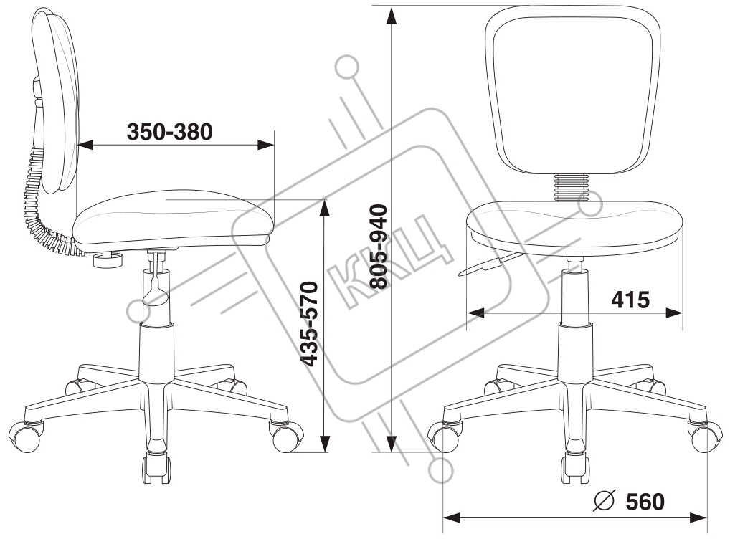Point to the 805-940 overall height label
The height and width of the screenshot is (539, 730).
[x=377, y=246]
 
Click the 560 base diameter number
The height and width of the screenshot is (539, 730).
[x=645, y=502]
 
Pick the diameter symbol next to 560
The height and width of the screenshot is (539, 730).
[x=605, y=501]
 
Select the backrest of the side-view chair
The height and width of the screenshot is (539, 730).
[x=56, y=100]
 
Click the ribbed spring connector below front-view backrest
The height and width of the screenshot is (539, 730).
[x=571, y=189]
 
